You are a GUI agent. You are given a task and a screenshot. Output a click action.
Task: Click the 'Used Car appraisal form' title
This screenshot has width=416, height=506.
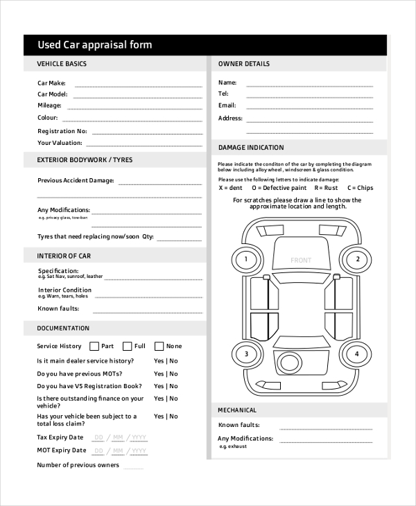coord(94,45)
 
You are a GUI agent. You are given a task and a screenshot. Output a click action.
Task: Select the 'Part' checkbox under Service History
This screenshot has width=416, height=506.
coord(93,346)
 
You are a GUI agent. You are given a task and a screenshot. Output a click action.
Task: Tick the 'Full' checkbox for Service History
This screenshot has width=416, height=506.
coord(127,346)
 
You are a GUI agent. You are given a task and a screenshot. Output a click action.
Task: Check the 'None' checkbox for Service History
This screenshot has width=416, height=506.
coord(159,346)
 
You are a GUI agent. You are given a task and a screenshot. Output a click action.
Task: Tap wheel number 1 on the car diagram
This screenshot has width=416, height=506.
coord(244,261)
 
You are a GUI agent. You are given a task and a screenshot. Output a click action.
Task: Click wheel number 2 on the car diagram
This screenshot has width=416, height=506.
coord(357,261)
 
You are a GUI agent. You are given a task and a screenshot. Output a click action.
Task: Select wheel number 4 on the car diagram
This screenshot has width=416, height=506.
coord(357,354)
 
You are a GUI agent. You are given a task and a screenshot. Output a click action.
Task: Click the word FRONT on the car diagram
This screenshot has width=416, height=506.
coord(301,261)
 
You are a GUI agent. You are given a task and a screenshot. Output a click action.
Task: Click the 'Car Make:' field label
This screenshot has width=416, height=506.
coord(51,83)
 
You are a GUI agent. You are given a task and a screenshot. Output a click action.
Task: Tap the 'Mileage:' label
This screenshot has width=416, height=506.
coord(49,105)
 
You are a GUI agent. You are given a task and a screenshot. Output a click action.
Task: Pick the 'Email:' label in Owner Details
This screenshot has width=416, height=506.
coord(227,105)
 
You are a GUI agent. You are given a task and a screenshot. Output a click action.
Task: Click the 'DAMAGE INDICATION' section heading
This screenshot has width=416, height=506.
coord(251,148)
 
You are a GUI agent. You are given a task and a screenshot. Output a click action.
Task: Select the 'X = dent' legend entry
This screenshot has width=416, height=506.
coord(231,188)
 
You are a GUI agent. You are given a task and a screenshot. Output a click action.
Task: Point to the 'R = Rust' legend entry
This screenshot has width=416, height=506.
coord(326,188)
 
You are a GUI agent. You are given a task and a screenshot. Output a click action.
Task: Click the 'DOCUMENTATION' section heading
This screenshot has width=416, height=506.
coord(63,329)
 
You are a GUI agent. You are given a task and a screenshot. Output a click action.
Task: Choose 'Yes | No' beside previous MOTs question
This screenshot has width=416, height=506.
coord(166,374)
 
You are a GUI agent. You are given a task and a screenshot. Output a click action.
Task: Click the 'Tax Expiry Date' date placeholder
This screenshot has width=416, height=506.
coord(120,437)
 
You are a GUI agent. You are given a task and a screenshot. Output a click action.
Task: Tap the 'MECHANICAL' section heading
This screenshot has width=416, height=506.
coord(238,410)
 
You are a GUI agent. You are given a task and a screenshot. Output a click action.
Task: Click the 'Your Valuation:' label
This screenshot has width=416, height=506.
coord(60,143)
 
